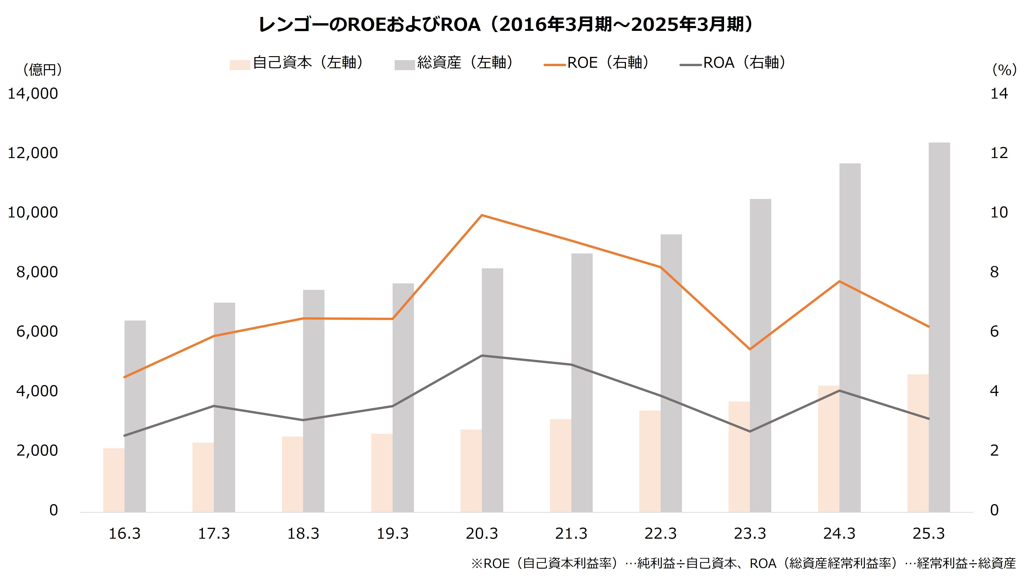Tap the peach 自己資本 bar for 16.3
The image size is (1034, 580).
click(114, 480)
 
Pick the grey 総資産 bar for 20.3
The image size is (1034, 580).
click(493, 390)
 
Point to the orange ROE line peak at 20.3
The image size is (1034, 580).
click(482, 215)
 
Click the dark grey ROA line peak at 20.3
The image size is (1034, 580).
click(482, 356)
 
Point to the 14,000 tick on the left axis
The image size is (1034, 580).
click(33, 94)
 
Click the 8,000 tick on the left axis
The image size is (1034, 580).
click(37, 272)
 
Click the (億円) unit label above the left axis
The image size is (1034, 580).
click(42, 70)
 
